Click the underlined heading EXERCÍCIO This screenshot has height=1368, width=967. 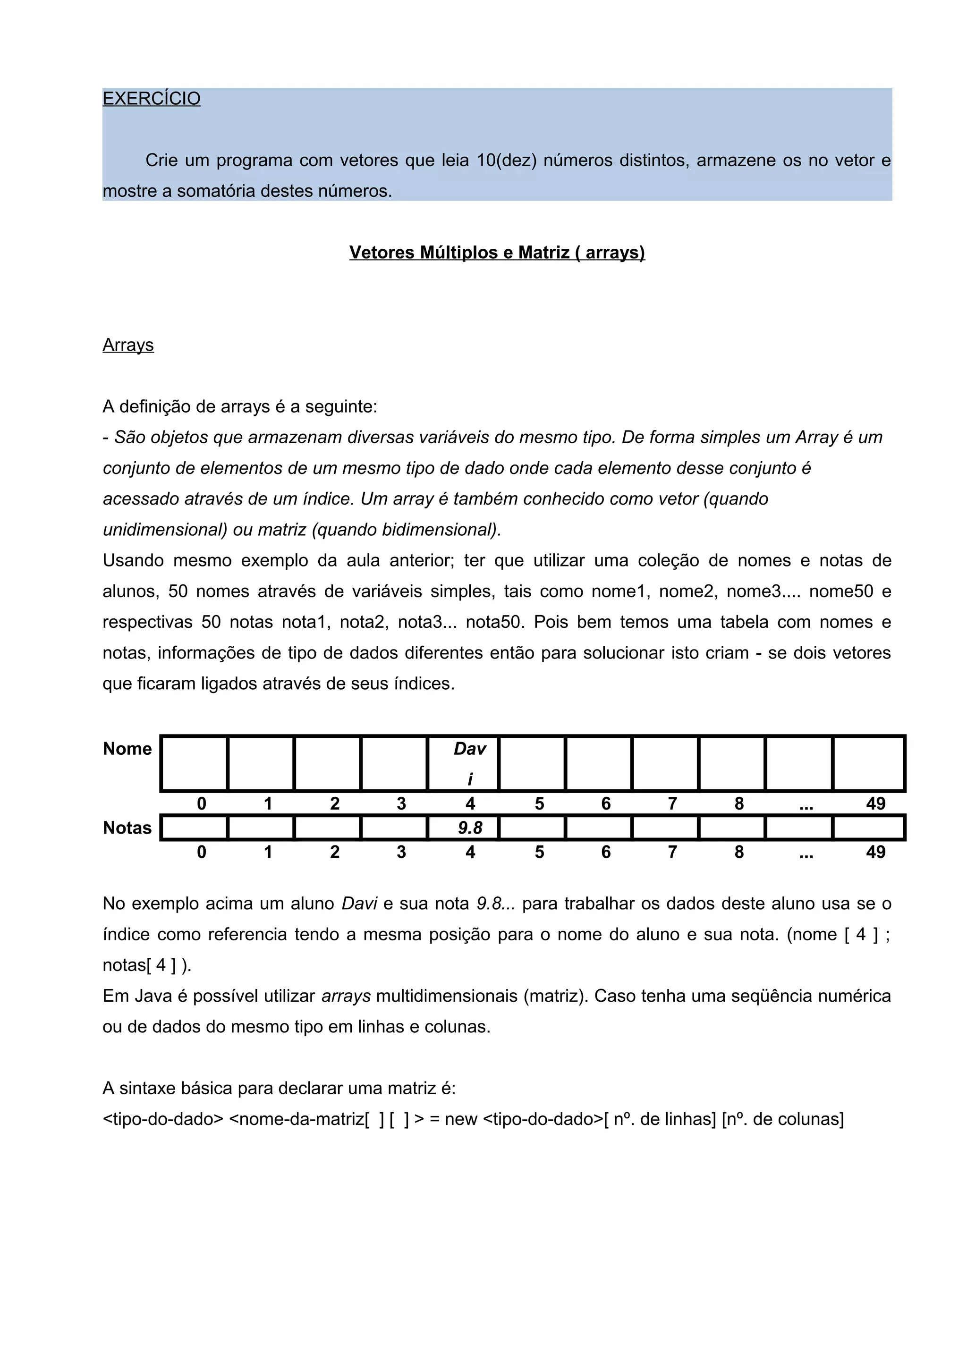(x=152, y=98)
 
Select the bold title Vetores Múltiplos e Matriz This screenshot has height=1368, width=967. (x=496, y=253)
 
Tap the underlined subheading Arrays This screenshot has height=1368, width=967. (x=128, y=345)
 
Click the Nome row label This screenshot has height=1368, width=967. (x=127, y=749)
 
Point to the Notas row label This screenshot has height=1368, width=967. (x=127, y=828)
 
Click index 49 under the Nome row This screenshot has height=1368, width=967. (x=875, y=804)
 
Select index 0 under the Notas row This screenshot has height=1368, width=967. (x=202, y=852)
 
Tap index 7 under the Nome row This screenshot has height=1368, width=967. (x=672, y=804)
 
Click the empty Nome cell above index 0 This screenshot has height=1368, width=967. (x=194, y=763)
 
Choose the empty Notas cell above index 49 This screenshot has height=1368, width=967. (x=868, y=828)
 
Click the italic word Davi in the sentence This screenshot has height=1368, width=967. (x=359, y=904)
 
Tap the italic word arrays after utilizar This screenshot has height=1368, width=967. (x=346, y=996)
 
